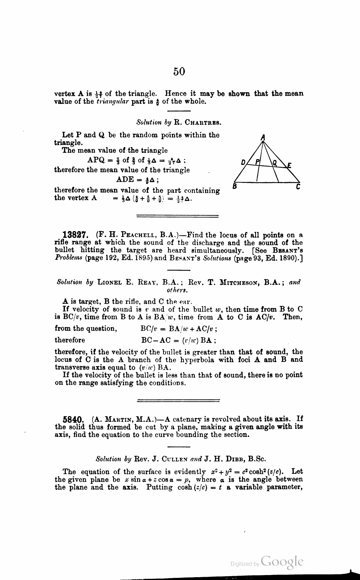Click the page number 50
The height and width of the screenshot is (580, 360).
click(179, 72)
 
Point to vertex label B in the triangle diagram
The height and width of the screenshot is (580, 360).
click(235, 186)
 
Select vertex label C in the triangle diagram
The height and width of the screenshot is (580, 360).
click(298, 186)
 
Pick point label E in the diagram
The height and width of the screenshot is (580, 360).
click(290, 165)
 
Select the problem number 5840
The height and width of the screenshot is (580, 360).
click(73, 420)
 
